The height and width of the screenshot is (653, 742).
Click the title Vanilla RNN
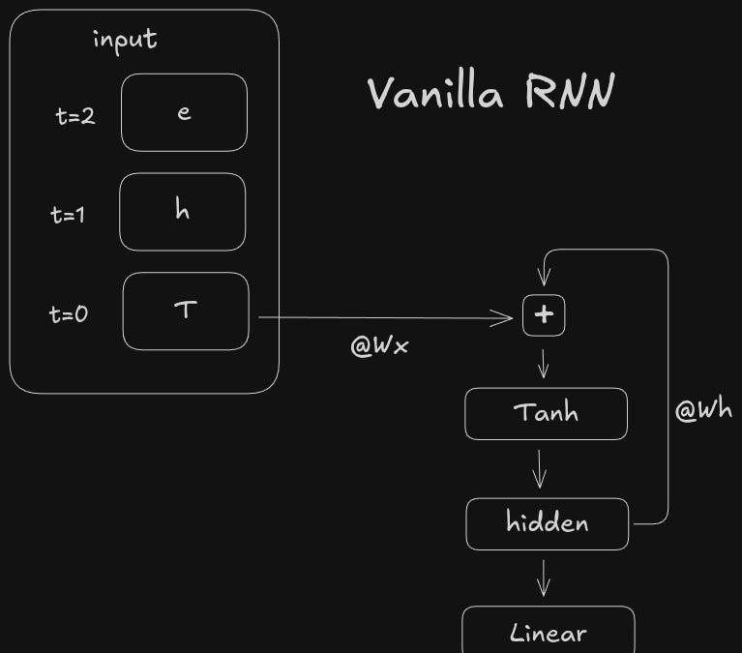click(490, 95)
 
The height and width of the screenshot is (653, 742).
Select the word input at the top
click(125, 40)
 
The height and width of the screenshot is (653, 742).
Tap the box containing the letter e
click(184, 112)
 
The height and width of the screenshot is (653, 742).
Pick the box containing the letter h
click(183, 212)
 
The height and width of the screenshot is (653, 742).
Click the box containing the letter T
click(186, 312)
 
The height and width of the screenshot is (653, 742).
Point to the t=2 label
click(75, 117)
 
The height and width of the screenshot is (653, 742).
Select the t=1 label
click(68, 215)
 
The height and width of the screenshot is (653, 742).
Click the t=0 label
click(69, 313)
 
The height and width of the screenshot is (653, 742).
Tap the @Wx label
click(379, 345)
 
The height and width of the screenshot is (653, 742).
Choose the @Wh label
click(703, 410)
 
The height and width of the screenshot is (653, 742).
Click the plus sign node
click(544, 315)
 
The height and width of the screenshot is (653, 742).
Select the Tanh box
click(546, 413)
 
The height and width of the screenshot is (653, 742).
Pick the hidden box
click(547, 523)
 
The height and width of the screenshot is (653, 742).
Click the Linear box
click(548, 633)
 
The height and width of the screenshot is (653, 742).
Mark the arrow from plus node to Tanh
click(544, 363)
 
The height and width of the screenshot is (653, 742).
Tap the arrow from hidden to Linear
click(544, 578)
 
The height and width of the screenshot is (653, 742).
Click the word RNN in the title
click(570, 95)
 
